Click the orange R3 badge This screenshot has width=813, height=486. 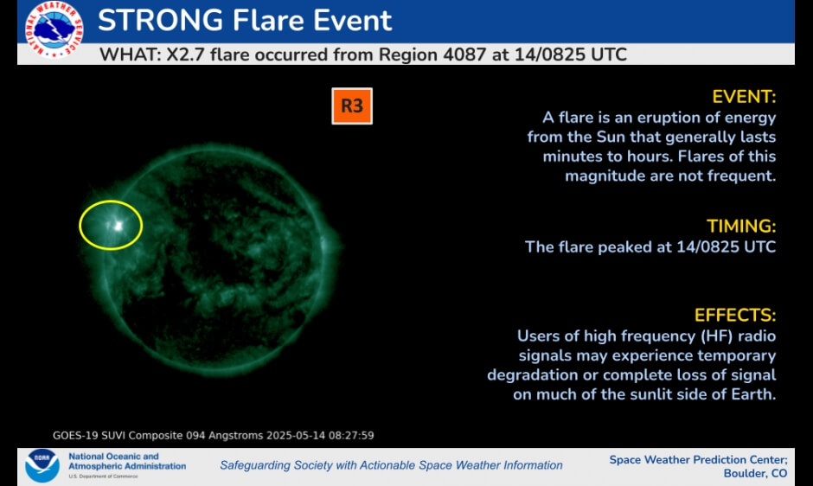coord(352,106)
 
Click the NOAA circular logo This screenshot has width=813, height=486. coord(42,464)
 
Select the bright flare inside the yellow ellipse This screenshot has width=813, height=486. coord(117,226)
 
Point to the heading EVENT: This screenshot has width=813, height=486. coord(744,96)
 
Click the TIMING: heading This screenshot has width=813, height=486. coord(741,227)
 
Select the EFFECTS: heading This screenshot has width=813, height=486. coord(735,315)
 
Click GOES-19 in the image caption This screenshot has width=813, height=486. coord(77,435)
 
